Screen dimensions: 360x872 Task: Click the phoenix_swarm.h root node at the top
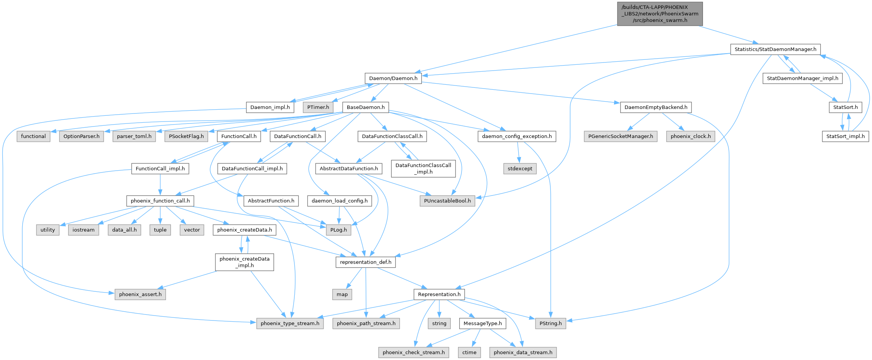(660, 14)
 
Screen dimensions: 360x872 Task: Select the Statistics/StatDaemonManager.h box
(775, 49)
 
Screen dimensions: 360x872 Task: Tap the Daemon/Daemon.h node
(393, 78)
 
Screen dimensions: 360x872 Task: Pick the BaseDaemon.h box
(365, 107)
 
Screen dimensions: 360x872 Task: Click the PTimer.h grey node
(318, 107)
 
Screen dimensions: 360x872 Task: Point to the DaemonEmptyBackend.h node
(655, 107)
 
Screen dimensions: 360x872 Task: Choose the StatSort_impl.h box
(845, 136)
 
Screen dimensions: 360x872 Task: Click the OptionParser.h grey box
(81, 136)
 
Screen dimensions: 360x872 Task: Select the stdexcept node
(520, 169)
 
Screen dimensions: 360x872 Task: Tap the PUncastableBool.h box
(447, 201)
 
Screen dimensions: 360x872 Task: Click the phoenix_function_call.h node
(160, 201)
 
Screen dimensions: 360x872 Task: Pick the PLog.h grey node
(338, 230)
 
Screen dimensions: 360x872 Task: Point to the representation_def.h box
(365, 262)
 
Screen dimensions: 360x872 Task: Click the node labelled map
(342, 294)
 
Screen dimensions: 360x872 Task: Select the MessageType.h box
(483, 324)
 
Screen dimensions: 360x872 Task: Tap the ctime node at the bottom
(469, 353)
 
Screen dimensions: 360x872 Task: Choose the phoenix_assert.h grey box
(140, 294)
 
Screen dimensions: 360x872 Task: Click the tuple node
(160, 230)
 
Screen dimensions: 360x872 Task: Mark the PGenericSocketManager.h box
(621, 136)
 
